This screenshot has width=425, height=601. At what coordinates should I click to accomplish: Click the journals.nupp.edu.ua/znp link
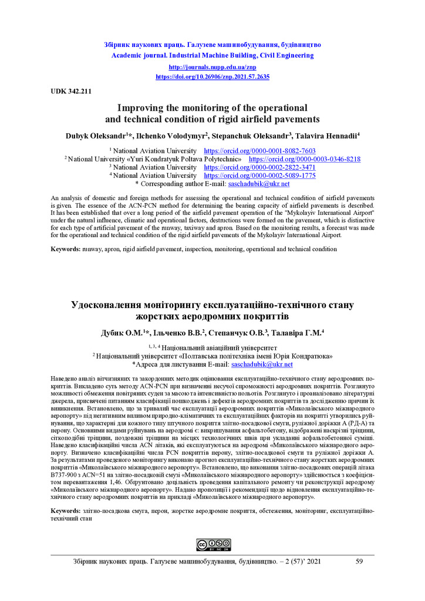point(212,67)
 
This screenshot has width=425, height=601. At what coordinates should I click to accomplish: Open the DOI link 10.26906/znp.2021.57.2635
point(212,77)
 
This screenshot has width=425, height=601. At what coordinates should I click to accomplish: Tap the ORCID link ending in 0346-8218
point(305,159)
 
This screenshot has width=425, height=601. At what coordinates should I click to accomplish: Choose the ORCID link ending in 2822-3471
point(259,167)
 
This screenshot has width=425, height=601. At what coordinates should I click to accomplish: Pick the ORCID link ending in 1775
point(259,175)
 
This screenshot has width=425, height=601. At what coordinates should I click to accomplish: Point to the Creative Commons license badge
point(213,545)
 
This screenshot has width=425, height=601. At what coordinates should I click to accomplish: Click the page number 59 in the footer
point(359,562)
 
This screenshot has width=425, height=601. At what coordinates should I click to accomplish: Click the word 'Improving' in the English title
point(141,108)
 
